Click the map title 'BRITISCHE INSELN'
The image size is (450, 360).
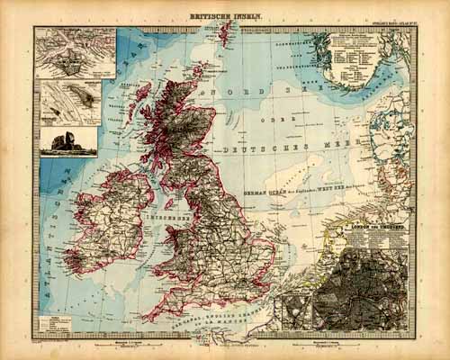point(225,16)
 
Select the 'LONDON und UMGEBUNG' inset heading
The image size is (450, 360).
point(374,229)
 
